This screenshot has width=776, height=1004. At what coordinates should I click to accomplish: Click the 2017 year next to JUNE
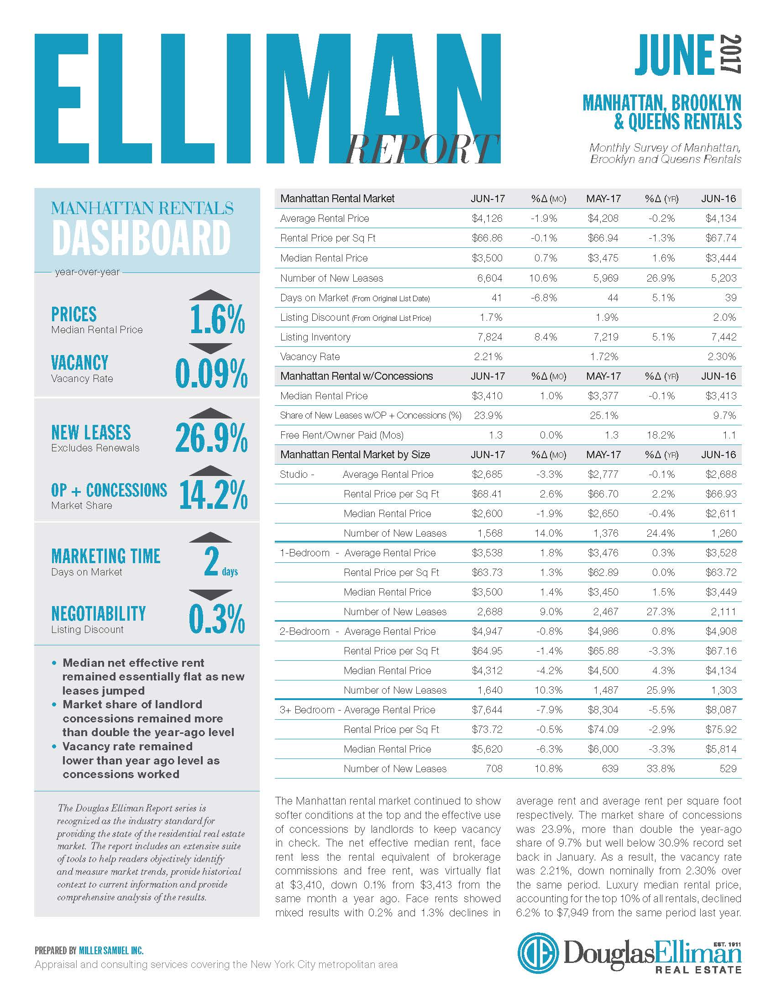[730, 54]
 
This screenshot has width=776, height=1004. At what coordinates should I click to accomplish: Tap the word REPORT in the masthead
[423, 149]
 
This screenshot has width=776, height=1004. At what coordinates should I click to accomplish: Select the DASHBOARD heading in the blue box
[141, 238]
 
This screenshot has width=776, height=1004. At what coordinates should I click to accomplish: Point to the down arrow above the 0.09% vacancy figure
[210, 348]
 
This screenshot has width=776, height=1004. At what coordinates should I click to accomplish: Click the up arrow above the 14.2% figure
[210, 471]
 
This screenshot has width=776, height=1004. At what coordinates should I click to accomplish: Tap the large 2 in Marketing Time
[211, 561]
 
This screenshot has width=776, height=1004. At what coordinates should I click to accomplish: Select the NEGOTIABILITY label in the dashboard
[99, 613]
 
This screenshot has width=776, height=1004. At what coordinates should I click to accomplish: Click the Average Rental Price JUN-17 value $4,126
[487, 218]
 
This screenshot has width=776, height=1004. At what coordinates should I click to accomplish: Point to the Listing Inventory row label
[315, 337]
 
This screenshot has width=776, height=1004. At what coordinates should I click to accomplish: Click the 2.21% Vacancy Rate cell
[488, 356]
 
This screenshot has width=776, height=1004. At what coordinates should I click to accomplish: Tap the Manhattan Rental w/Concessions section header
[357, 376]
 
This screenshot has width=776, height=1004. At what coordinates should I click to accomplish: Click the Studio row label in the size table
[297, 475]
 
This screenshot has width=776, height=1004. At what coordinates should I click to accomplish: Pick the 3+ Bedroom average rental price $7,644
[487, 710]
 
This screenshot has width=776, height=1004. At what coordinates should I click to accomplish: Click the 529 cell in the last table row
[728, 769]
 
